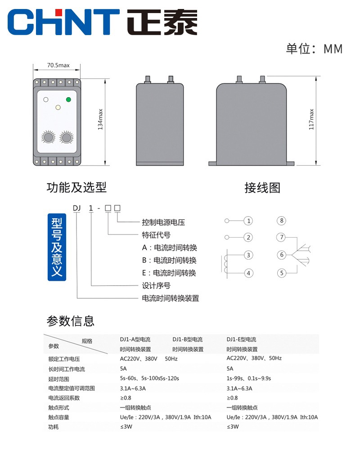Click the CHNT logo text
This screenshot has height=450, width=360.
tap(63, 21)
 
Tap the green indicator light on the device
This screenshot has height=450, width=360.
tap(68, 99)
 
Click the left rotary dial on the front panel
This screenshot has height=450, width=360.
tap(47, 137)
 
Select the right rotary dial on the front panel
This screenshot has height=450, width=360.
tap(67, 137)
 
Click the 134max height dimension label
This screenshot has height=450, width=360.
tap(100, 120)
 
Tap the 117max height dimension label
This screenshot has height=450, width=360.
tap(311, 119)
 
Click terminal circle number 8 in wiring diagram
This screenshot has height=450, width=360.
tap(282, 220)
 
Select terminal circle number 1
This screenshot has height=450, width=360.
tap(248, 221)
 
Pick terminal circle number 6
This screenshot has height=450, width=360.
tap(282, 255)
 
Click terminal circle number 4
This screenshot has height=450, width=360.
tap(248, 273)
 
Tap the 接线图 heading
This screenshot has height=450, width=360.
tap(262, 188)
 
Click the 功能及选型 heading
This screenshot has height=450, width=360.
tap(76, 187)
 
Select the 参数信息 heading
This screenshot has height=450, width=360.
tap(71, 321)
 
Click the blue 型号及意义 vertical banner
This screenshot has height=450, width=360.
tap(57, 246)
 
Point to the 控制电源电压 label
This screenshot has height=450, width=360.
tap(163, 222)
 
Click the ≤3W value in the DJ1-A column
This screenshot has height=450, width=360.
tap(126, 427)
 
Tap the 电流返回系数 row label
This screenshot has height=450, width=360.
tap(64, 398)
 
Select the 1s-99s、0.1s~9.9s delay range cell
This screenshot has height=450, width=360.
tap(252, 378)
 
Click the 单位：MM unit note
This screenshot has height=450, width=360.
tap(314, 49)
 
